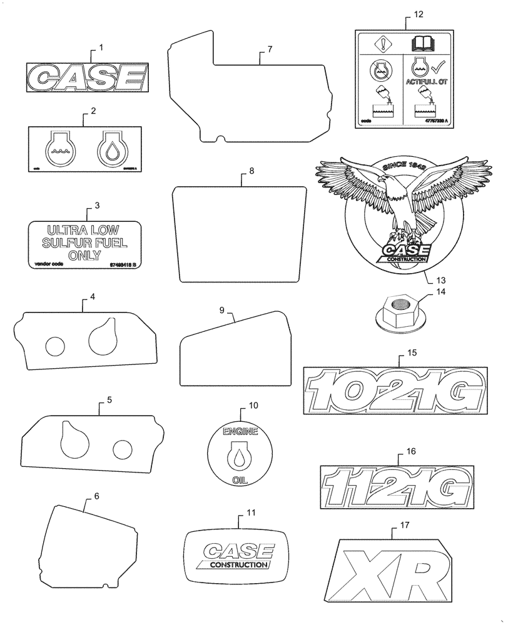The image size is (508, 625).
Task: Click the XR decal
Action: pyautogui.click(x=392, y=571)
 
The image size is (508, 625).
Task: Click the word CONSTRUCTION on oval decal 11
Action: pyautogui.click(x=237, y=564)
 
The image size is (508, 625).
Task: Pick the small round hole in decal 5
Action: pyautogui.click(x=122, y=447)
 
